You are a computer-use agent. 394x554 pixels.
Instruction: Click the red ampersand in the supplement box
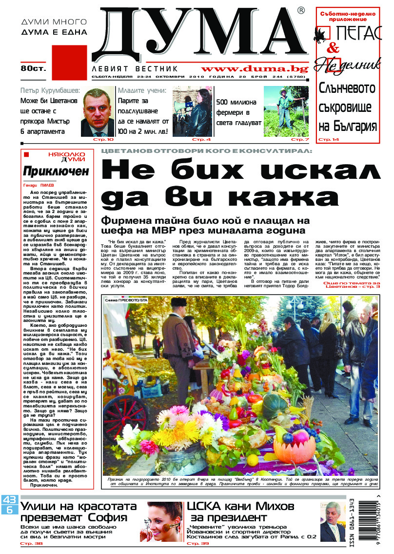click(x=334, y=48)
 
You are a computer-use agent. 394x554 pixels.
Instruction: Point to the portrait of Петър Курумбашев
click(x=98, y=112)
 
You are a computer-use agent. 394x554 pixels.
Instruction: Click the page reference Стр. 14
click(x=328, y=140)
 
